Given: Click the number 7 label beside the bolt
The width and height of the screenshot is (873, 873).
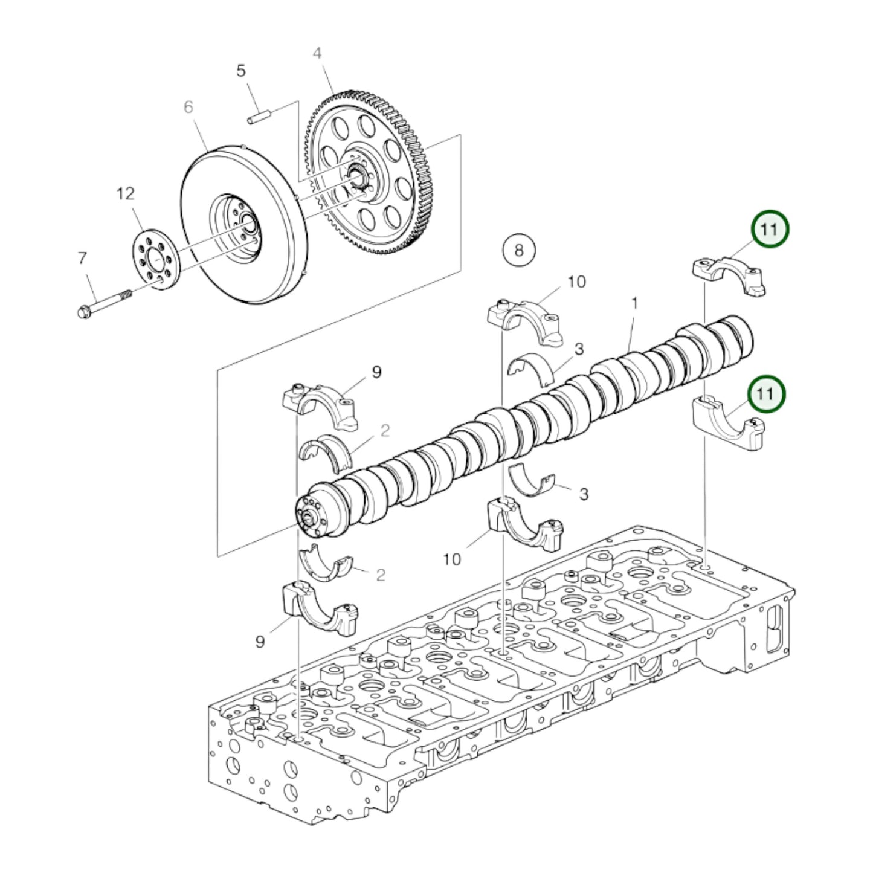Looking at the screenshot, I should click(82, 258).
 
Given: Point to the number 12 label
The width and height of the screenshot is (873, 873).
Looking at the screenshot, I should click(125, 194).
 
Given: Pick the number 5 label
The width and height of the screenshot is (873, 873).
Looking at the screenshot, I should click(241, 71).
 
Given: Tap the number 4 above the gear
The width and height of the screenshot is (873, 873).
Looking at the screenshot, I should click(317, 53).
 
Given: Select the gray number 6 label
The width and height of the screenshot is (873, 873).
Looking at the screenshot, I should click(188, 107).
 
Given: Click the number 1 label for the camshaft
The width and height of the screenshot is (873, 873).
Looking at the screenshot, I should click(634, 303).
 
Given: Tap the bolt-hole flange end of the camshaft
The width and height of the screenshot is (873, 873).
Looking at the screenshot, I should click(312, 517).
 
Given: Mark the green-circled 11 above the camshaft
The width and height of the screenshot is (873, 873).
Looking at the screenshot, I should click(769, 229).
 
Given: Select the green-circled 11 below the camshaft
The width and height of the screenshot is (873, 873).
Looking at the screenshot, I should click(765, 394).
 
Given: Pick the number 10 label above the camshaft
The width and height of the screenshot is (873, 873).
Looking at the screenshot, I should click(576, 282).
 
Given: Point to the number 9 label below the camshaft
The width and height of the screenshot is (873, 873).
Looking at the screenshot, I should click(260, 641).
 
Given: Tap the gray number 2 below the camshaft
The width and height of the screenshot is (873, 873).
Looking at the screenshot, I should click(380, 574).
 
